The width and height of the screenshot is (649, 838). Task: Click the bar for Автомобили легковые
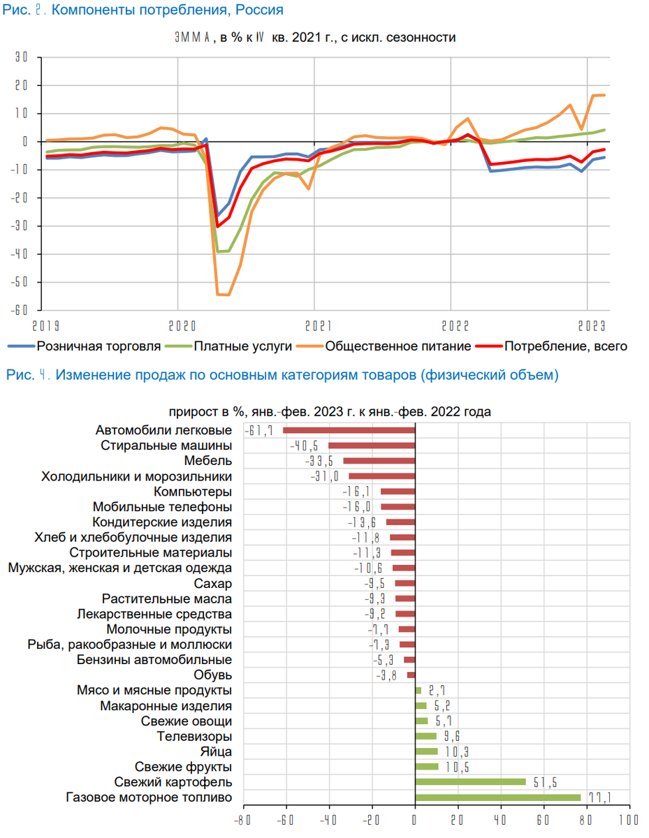point(349,430)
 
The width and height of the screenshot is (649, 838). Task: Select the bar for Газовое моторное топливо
point(497,797)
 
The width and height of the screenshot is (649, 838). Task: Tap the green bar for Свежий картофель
point(470,782)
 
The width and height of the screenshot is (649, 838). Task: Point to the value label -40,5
point(305,446)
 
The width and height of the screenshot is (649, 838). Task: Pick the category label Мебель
point(208,461)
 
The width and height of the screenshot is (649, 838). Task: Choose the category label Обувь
point(213,675)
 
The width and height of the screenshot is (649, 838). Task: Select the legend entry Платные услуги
point(234,346)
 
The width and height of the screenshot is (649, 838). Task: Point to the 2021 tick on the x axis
point(314,325)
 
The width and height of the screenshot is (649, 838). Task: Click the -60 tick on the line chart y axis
point(20,310)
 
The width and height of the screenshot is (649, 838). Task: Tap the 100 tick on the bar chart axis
point(629,819)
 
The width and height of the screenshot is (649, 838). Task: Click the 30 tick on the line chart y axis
point(20,57)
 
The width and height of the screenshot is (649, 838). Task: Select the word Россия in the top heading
point(260,10)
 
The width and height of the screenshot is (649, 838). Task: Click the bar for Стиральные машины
point(372,446)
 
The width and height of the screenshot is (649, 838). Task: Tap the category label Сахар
point(213,584)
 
